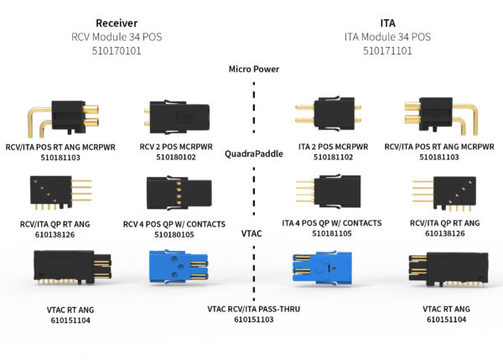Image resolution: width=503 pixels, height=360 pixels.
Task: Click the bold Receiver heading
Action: click(x=117, y=23)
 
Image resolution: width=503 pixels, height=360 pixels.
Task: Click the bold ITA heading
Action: click(x=387, y=23)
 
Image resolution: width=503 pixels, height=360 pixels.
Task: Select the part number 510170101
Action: click(x=117, y=50)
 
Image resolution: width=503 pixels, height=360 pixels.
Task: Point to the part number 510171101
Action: click(x=387, y=50)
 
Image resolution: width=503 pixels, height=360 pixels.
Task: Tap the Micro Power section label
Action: click(x=253, y=69)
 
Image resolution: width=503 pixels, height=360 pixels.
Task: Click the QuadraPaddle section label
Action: click(x=253, y=154)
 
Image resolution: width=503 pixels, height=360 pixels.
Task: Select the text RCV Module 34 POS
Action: click(x=117, y=37)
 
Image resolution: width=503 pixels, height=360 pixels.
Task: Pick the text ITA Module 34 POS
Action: click(x=387, y=37)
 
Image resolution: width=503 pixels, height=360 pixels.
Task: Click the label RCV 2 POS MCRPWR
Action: click(x=181, y=145)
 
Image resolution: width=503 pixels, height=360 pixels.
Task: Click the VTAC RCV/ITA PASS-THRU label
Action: click(x=253, y=309)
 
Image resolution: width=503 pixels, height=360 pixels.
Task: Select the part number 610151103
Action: click(x=253, y=320)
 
